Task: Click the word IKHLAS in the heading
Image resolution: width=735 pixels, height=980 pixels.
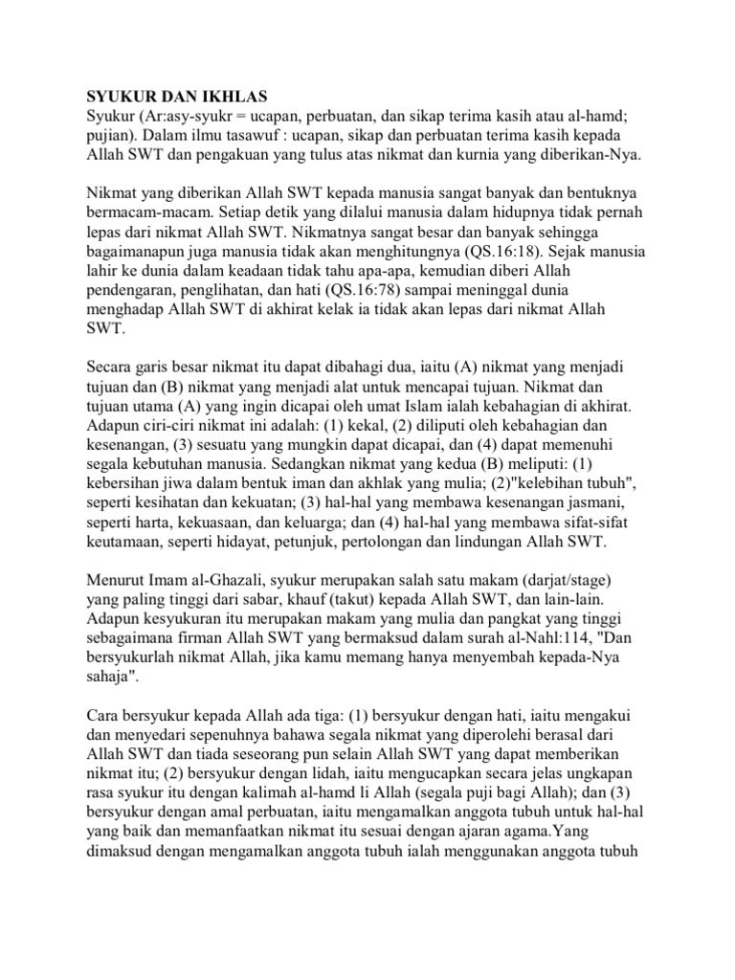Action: click(x=228, y=98)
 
